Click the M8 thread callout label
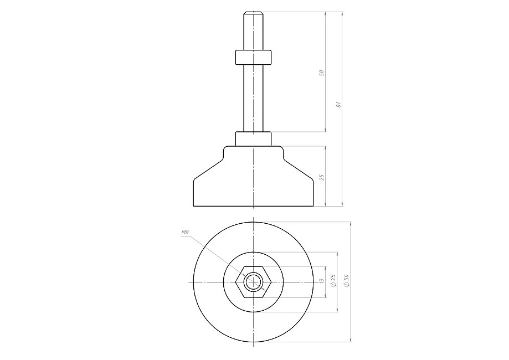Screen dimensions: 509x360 pyautogui.click(x=185, y=232)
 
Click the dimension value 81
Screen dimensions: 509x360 pyautogui.click(x=338, y=105)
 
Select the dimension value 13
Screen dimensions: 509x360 pyautogui.click(x=322, y=281)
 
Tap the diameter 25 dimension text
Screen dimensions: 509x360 pyautogui.click(x=333, y=280)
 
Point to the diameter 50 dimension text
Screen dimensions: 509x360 pyautogui.click(x=346, y=280)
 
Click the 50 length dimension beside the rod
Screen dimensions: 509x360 pyautogui.click(x=321, y=73)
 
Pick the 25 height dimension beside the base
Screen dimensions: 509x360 pyautogui.click(x=321, y=177)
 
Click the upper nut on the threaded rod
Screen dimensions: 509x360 pyautogui.click(x=253, y=57)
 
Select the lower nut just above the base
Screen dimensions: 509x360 pyautogui.click(x=253, y=139)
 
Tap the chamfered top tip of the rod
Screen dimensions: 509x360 pyautogui.click(x=253, y=13)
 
